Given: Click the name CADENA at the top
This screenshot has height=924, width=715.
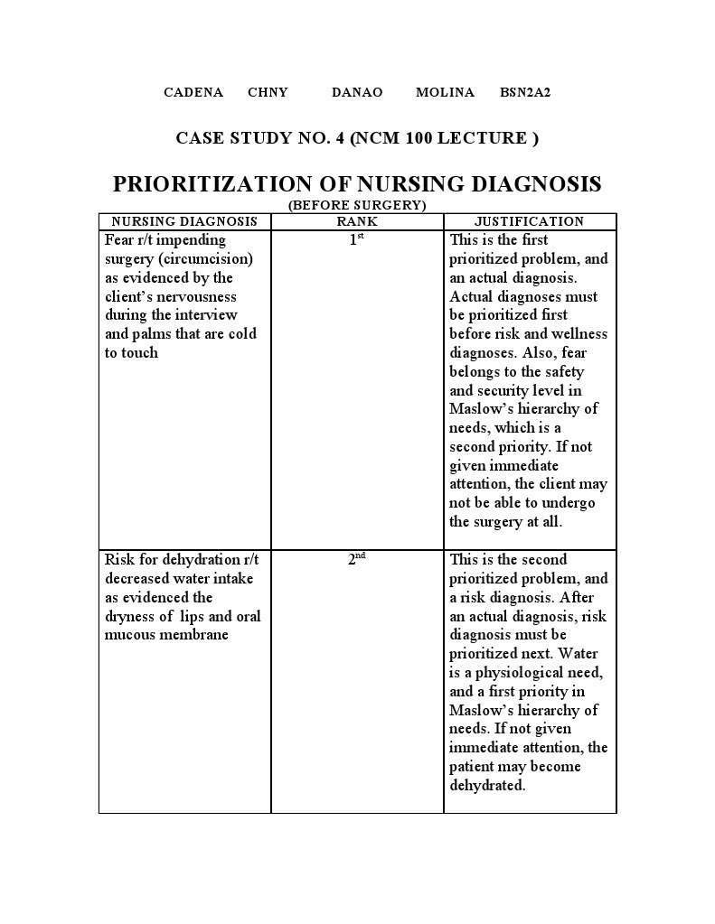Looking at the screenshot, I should coord(193,92).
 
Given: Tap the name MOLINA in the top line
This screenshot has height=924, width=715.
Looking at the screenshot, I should coord(445,92).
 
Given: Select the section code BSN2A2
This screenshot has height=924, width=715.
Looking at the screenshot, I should coord(525,92).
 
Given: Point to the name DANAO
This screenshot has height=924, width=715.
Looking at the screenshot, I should coord(357,92).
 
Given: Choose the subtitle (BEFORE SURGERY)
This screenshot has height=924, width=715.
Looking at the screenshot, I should coord(357,205).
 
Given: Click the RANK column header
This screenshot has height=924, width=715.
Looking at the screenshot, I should coord(357,221).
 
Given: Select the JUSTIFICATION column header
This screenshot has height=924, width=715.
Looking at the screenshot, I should coord(530,221).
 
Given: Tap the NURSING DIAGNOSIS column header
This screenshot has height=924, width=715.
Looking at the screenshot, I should coord(184,221).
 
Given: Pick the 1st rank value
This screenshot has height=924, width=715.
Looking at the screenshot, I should coord(356,240).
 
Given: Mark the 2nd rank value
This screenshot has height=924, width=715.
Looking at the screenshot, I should coord(356,559).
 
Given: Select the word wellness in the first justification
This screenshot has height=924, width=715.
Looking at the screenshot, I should coord(579,334).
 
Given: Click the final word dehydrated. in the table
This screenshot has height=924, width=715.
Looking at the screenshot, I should coord(487,786).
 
